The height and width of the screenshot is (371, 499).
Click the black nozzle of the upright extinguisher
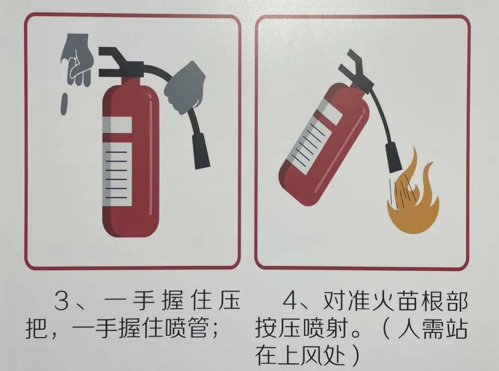(x=201, y=151)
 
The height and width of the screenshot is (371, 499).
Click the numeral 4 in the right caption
(x=291, y=301)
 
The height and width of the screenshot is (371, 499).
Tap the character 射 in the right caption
(x=336, y=328)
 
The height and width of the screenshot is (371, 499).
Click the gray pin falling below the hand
(x=64, y=104)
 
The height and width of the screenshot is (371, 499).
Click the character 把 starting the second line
(x=37, y=328)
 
